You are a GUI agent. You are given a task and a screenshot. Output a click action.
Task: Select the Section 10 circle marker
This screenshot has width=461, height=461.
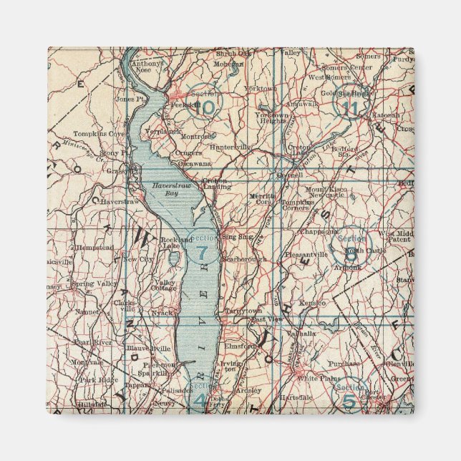coord(205,102)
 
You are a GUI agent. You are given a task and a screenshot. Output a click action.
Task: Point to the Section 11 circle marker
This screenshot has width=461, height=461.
coord(350,102)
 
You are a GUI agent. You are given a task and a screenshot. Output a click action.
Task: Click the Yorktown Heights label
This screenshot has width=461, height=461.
coord(272,119)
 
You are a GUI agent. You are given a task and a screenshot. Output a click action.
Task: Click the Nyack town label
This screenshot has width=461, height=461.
coord(161,313)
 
